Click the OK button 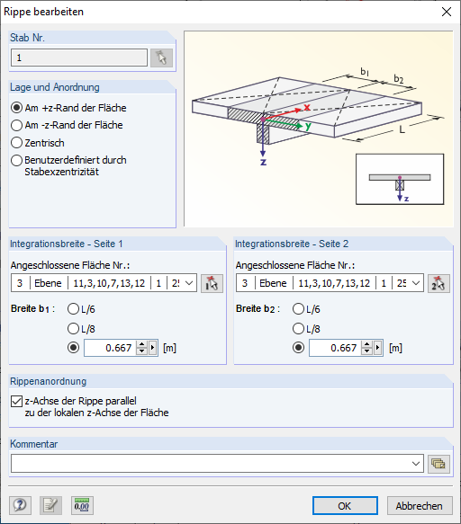[345, 505]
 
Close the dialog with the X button [445, 12]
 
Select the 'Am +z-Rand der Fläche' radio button [17, 108]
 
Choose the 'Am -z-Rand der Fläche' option [17, 125]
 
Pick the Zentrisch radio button [17, 142]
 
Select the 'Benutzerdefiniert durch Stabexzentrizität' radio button [17, 160]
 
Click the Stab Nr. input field [79, 58]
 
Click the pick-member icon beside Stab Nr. [162, 58]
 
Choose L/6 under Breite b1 [75, 308]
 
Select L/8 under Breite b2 [300, 328]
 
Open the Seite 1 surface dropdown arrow [189, 284]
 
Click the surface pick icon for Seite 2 [438, 284]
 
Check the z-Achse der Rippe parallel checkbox [17, 402]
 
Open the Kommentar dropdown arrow [415, 463]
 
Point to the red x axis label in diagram [307, 107]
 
